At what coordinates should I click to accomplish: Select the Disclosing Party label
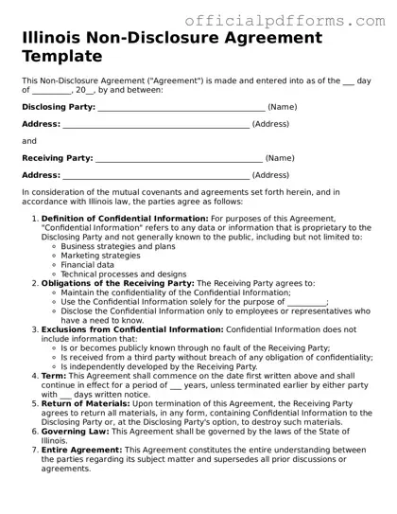58,107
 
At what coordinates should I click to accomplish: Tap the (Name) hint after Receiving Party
280,158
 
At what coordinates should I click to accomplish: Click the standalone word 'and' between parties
28,141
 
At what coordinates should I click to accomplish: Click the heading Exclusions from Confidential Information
131,329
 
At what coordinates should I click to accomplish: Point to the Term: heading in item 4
54,376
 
